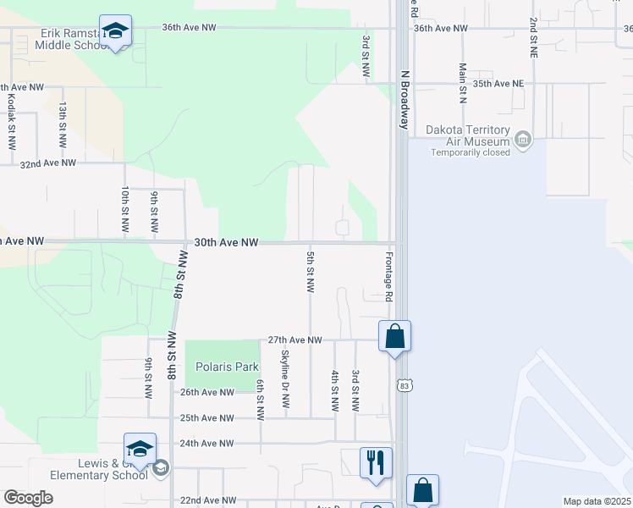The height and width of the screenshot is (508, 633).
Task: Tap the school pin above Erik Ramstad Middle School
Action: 115,32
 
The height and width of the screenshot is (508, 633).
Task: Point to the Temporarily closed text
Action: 471,152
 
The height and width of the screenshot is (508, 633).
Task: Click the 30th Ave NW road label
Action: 226,242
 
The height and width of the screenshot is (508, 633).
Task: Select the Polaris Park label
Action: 221,367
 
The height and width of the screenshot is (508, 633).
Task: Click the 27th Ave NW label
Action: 294,340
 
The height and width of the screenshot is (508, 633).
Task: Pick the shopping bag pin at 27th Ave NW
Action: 395,337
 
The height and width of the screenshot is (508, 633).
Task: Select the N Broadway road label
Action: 405,99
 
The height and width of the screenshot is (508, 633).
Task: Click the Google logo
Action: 28,498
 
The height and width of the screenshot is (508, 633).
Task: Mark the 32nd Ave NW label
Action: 48,163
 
